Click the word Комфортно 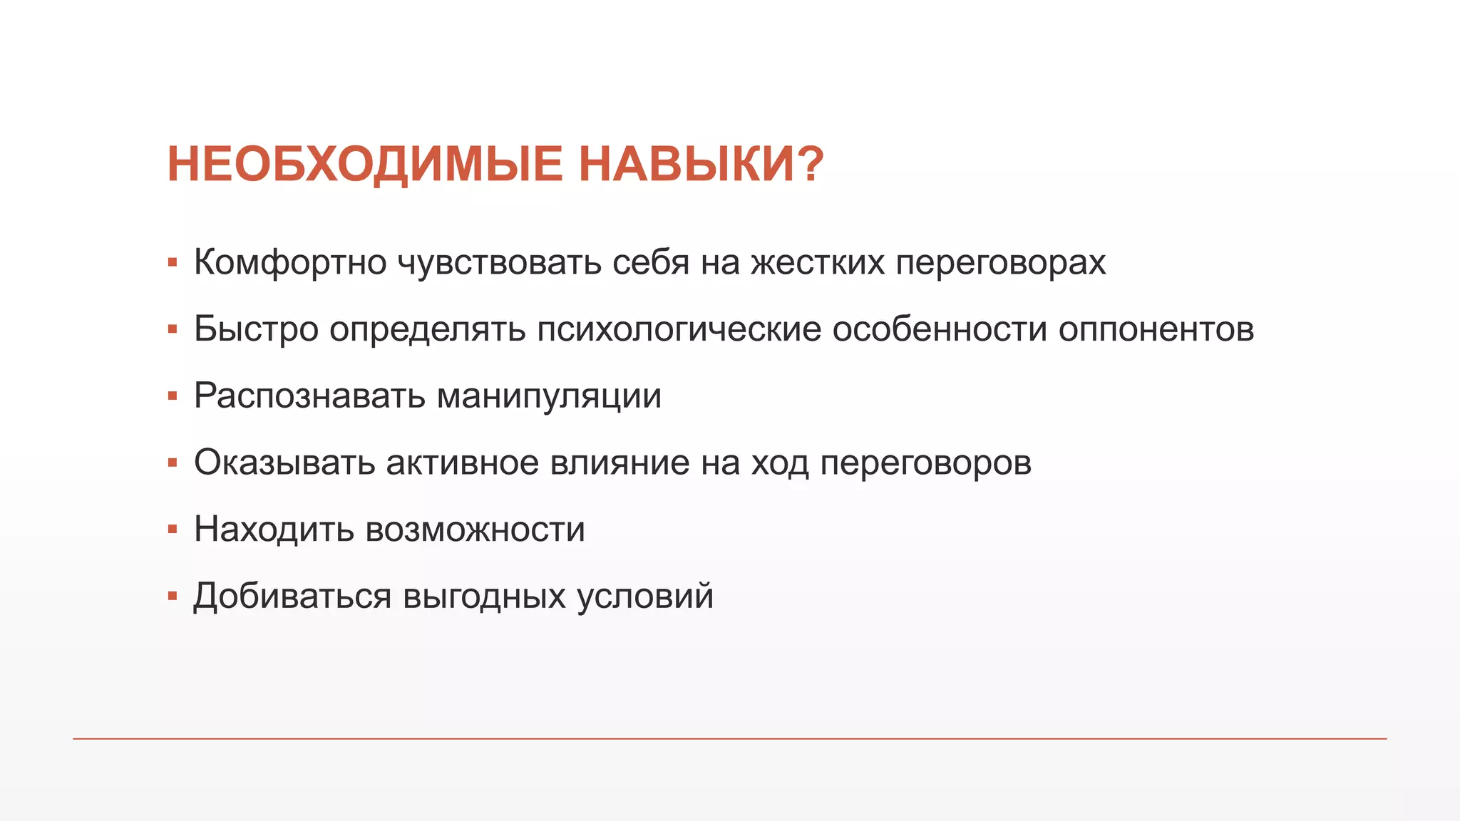click(x=290, y=263)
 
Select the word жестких click(x=817, y=263)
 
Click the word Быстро click(x=256, y=330)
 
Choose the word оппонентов click(x=1156, y=330)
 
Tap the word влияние click(x=620, y=463)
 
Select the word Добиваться click(x=292, y=597)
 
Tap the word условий click(x=644, y=597)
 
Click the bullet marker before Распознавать click(x=172, y=396)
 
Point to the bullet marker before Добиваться click(x=172, y=597)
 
